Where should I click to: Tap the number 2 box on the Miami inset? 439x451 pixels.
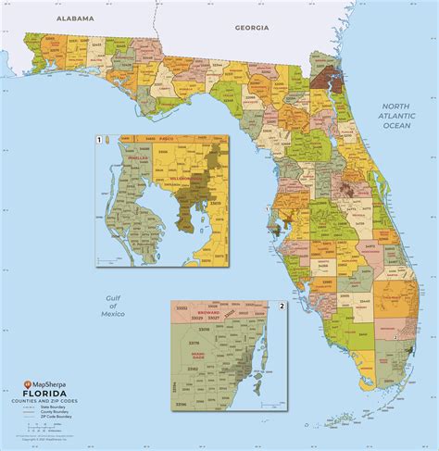[282, 307]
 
